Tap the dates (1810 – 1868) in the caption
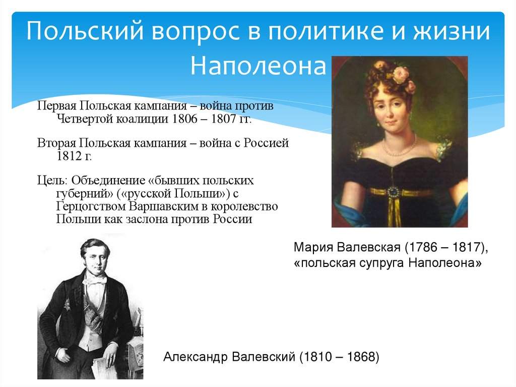pyautogui.click(x=338, y=357)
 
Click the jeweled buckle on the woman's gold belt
pyautogui.click(x=393, y=192)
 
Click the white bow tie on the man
pyautogui.click(x=94, y=280)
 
